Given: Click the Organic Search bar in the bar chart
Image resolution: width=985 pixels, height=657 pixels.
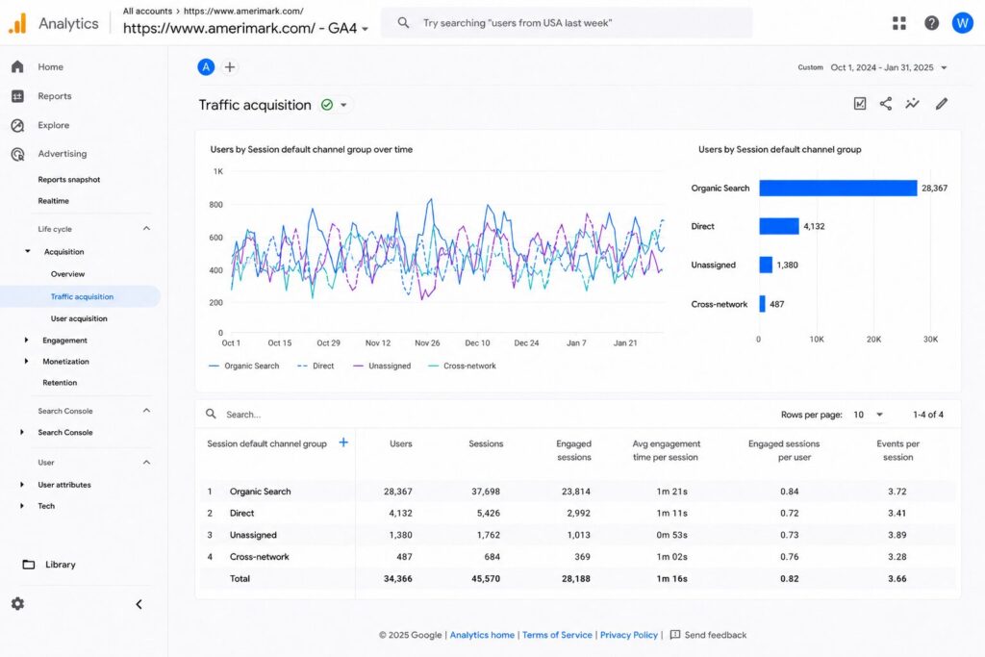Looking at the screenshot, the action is (x=838, y=188).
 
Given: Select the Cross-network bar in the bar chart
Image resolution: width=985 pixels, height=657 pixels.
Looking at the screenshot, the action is (x=762, y=304).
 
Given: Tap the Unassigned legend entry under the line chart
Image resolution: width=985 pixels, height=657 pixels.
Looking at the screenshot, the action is (x=382, y=366).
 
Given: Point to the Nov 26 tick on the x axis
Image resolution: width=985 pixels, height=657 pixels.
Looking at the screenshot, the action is (x=427, y=343).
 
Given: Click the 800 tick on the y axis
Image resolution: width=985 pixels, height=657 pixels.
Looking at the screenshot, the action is (x=215, y=204).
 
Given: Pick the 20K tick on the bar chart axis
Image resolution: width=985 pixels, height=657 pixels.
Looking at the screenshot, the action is (x=873, y=340).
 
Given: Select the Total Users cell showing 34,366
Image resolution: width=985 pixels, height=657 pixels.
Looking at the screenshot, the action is (x=397, y=578).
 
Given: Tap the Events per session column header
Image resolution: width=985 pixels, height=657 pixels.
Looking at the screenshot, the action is (x=897, y=450).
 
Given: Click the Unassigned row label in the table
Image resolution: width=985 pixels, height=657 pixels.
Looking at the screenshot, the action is (x=253, y=535).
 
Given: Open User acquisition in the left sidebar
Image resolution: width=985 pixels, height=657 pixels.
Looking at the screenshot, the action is (x=79, y=318).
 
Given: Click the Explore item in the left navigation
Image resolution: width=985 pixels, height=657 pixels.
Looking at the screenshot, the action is (x=54, y=125).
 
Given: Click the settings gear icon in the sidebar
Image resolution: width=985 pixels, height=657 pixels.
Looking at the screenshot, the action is (x=17, y=603).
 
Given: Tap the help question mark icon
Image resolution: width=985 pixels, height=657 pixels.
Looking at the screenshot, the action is (x=931, y=23).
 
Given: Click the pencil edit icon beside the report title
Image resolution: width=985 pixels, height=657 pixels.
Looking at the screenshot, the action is (x=941, y=104).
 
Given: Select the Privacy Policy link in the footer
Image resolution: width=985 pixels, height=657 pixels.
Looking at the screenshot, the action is (x=629, y=635).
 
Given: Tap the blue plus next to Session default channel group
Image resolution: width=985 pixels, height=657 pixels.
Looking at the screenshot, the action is (x=343, y=442).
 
